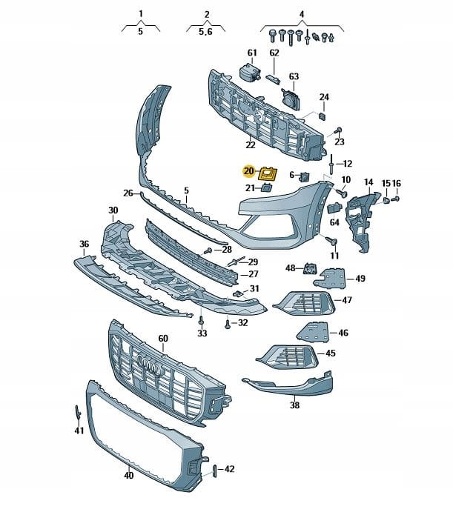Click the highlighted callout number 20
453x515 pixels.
point(248,172)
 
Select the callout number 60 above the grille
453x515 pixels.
point(163,339)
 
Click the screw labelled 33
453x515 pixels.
point(201,320)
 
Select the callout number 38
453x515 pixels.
point(294,405)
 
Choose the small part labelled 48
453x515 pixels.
point(309,268)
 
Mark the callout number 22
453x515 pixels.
point(251,144)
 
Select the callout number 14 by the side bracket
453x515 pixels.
point(368,182)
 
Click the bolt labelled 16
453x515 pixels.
point(394,199)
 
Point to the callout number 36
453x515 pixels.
point(84,243)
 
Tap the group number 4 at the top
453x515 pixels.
point(302,14)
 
